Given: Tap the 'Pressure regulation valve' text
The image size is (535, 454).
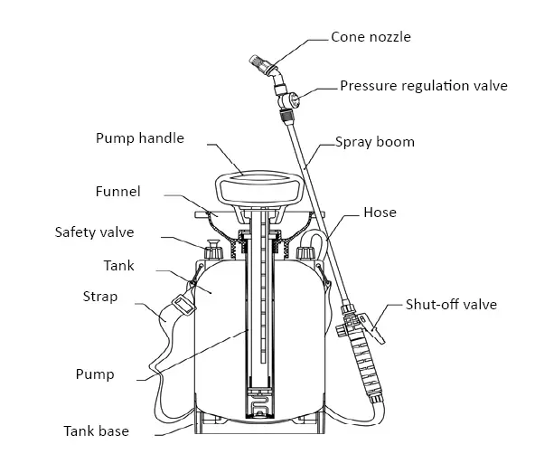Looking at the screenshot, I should pos(423,87).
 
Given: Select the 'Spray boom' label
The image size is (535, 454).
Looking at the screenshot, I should pos(375,142).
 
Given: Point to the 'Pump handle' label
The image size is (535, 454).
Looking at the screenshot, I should pos(140,138).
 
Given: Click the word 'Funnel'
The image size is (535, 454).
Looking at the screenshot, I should pos(117,192).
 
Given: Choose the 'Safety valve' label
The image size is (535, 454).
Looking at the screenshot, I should pos(94,232).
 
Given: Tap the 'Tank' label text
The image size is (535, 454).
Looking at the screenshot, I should pos(119,265).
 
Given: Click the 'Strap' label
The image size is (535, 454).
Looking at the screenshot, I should pos(99,297).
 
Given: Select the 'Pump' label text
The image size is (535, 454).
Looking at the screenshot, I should pos(96,374).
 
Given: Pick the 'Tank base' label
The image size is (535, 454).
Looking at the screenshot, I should pos(96,430).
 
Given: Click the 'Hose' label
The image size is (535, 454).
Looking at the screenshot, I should pos(380,213).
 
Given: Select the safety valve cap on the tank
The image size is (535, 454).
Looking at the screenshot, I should pos(213,250).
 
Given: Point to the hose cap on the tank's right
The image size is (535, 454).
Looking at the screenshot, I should pos(305,252).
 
